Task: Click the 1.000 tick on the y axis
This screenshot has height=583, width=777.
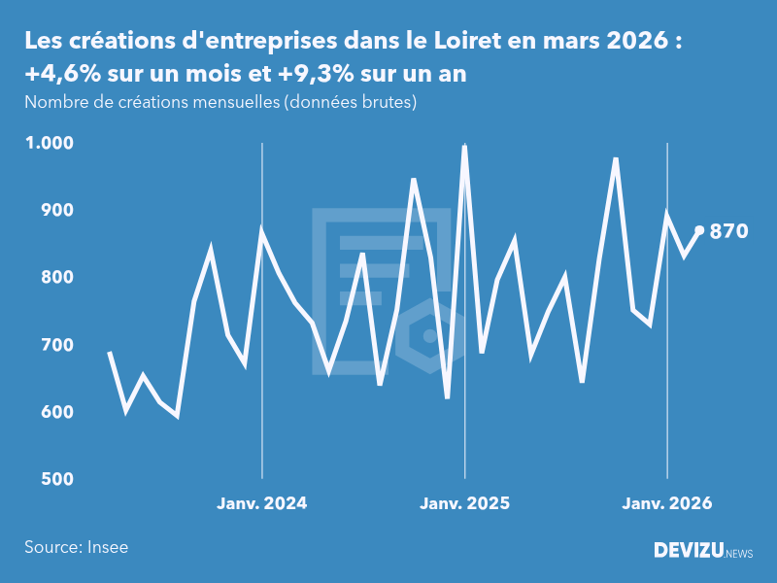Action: [49, 143]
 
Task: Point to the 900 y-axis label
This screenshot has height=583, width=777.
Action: [55, 210]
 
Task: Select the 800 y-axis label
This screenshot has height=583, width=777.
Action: [55, 278]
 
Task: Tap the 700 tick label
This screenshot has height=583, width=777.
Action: [55, 345]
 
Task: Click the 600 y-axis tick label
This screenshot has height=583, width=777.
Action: [55, 412]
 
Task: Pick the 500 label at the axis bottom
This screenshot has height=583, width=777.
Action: [55, 479]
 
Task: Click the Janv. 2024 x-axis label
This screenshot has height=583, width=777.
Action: [261, 503]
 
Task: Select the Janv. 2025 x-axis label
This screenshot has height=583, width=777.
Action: [464, 503]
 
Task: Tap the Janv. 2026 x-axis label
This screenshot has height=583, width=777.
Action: [666, 503]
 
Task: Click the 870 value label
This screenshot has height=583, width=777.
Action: [728, 231]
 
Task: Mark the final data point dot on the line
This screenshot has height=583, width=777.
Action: [699, 230]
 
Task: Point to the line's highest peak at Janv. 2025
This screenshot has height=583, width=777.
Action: [464, 147]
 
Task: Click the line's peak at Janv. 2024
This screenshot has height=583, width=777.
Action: [261, 231]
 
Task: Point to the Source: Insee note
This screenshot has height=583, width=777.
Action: [77, 547]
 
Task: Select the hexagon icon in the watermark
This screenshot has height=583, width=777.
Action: [428, 336]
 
